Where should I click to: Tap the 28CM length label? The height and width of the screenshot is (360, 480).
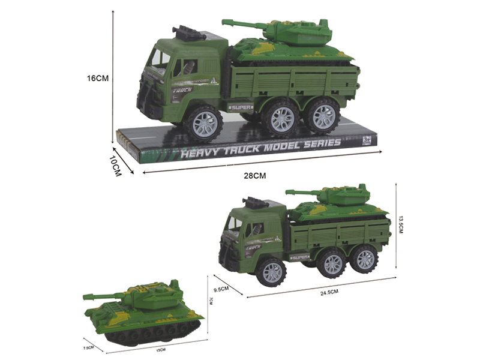pos(254,175)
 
